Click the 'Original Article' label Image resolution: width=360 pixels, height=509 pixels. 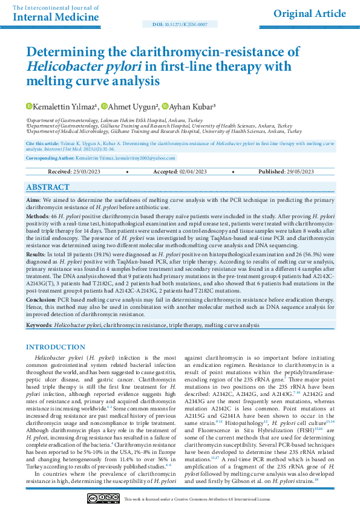coord(310,13)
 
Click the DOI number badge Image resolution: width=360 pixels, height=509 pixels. coord(179,24)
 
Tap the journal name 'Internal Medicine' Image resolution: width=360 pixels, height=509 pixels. coord(49,16)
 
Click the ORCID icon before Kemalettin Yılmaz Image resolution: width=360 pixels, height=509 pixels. coord(28,107)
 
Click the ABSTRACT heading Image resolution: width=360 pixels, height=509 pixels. coord(48,187)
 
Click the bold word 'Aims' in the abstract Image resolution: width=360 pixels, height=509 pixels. coord(33,199)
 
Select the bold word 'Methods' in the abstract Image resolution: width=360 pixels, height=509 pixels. coord(38,216)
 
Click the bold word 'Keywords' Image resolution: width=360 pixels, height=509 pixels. coord(39,325)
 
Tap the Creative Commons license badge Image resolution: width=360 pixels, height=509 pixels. coord(103,498)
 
